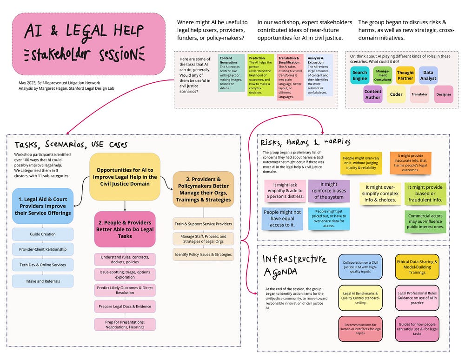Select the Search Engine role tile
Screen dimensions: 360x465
click(359, 75)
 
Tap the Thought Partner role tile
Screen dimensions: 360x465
click(405, 75)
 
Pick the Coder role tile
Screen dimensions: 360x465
click(396, 94)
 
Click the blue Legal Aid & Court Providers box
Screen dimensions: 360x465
click(43, 206)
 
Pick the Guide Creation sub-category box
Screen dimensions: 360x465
click(43, 234)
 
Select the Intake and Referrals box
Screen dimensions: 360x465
click(43, 280)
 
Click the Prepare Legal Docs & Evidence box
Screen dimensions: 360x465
click(125, 307)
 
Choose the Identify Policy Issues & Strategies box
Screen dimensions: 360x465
click(204, 254)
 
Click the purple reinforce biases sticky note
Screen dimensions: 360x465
click(328, 191)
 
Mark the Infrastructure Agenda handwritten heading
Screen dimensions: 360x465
click(294, 265)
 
